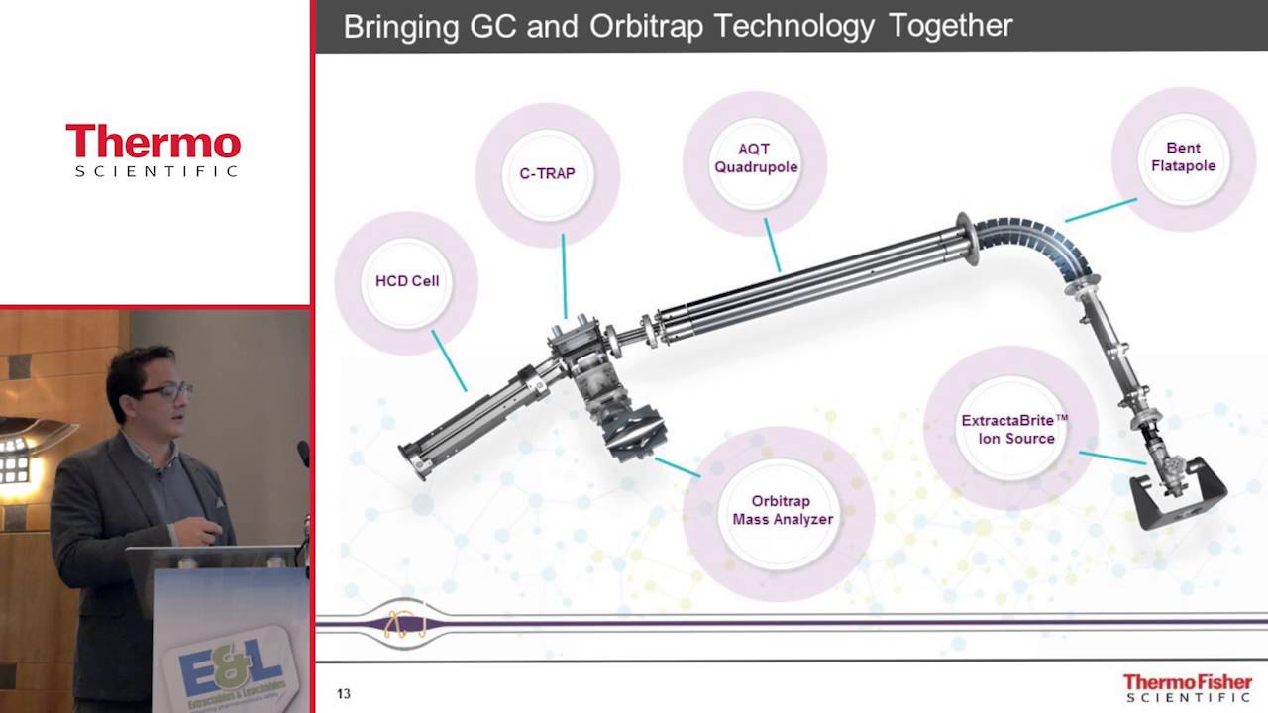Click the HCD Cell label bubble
pos(406,281)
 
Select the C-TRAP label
pos(547,173)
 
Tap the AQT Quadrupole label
pos(755,158)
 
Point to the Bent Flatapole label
pos(1183,157)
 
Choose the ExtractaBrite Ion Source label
pos(1014,429)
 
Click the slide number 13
pos(343,694)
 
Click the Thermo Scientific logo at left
pos(154,150)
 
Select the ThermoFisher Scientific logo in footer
pos(1187,687)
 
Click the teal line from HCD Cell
pos(449,360)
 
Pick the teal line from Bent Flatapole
pos(1101,210)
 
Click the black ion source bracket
pos(1179,501)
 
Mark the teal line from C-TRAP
pos(564,275)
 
